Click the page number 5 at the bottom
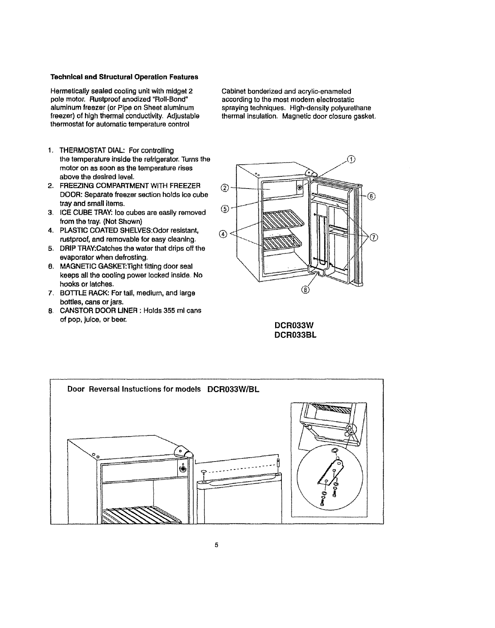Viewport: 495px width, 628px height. click(216, 546)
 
